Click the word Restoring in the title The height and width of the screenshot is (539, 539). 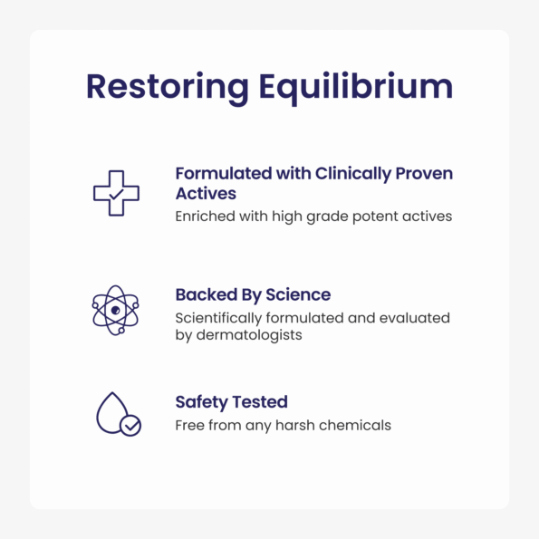point(168,88)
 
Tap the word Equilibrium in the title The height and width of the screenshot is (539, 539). point(356,88)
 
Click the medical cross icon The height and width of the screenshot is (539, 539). point(116,193)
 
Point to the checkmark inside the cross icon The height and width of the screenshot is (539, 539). point(116,195)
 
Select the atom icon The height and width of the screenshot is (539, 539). point(116,310)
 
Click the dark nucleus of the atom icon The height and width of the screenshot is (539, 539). point(116,311)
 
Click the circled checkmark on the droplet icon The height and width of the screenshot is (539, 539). point(130,426)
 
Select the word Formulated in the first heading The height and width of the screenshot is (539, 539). point(224,173)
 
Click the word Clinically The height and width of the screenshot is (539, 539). point(353,174)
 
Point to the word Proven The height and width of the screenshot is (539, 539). point(424,174)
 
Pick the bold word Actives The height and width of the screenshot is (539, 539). point(206,194)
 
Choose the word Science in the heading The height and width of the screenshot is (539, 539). point(298,295)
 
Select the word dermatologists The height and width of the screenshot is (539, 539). point(249,335)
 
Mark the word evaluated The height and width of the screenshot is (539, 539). point(415,318)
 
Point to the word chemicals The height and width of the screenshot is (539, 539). point(355,425)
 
